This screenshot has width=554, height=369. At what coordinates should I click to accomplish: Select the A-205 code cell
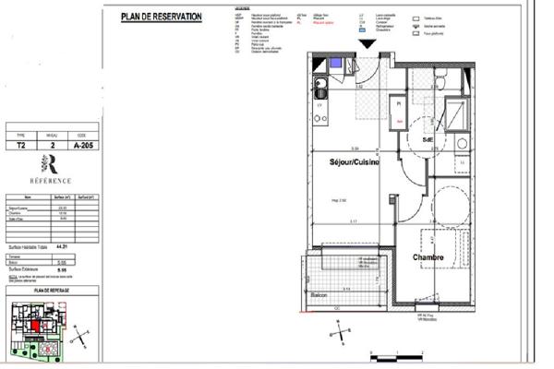[86, 145]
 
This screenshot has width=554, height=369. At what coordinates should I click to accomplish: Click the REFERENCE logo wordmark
[54, 183]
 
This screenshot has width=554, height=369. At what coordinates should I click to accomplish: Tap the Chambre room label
[429, 258]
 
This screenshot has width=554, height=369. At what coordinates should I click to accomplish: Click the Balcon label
[319, 295]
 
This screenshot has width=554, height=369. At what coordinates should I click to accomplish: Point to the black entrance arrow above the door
[368, 42]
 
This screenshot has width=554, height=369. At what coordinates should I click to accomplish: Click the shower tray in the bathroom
[455, 113]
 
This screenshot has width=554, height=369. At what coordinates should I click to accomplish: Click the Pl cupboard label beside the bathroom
[398, 104]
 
